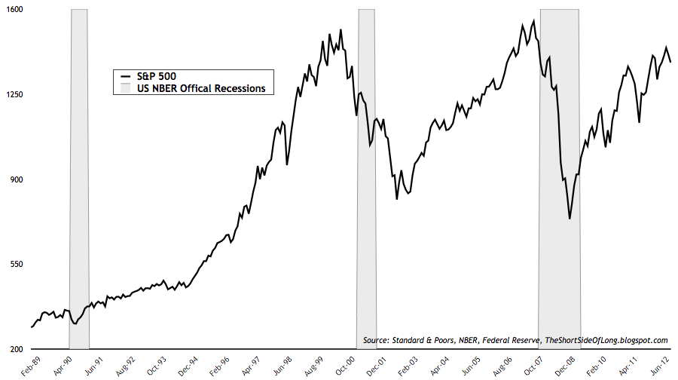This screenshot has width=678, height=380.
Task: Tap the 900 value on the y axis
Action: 17,179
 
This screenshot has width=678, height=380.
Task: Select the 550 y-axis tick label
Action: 17,265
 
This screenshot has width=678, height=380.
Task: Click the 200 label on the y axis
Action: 17,349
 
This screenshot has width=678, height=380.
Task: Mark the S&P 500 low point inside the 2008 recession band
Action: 570,219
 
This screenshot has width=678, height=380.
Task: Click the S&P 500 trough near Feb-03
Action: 397,199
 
